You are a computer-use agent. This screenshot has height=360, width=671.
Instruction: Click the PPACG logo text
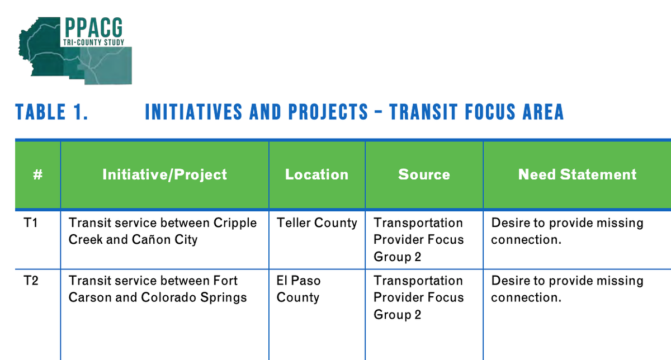click(93, 27)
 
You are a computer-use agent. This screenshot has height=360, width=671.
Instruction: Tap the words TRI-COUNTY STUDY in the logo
click(93, 42)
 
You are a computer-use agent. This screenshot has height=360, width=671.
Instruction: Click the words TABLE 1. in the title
click(52, 112)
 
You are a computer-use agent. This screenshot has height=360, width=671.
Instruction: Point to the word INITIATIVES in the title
click(193, 112)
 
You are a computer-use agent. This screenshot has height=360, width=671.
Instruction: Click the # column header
click(38, 174)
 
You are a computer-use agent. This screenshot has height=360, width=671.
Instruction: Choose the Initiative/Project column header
click(164, 174)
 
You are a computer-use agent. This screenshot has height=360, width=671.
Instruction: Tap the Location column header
click(316, 174)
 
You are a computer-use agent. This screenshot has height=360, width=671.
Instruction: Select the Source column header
click(424, 174)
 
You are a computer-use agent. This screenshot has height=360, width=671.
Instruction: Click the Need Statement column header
click(577, 174)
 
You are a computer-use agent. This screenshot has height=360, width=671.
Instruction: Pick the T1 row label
click(31, 223)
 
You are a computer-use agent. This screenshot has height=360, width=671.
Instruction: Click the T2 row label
click(31, 281)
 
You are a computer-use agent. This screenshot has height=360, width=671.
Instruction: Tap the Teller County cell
click(317, 223)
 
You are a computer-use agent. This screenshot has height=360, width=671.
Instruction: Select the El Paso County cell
click(299, 289)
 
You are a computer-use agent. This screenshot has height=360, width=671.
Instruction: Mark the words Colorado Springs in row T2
click(194, 298)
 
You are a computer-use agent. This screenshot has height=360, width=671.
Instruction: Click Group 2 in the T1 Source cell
click(397, 257)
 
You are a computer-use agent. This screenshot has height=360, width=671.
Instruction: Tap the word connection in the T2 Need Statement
click(524, 297)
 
